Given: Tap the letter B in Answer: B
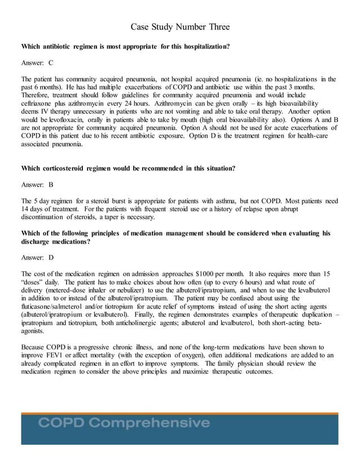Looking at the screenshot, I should point(51,184).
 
